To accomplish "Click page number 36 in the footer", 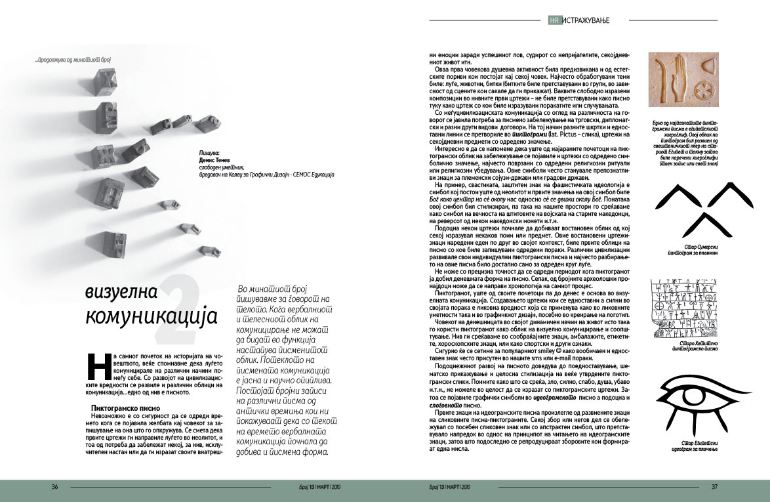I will coord(55,487).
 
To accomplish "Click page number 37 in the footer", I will coord(715,487).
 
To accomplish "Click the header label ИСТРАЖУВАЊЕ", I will coord(584,21).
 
